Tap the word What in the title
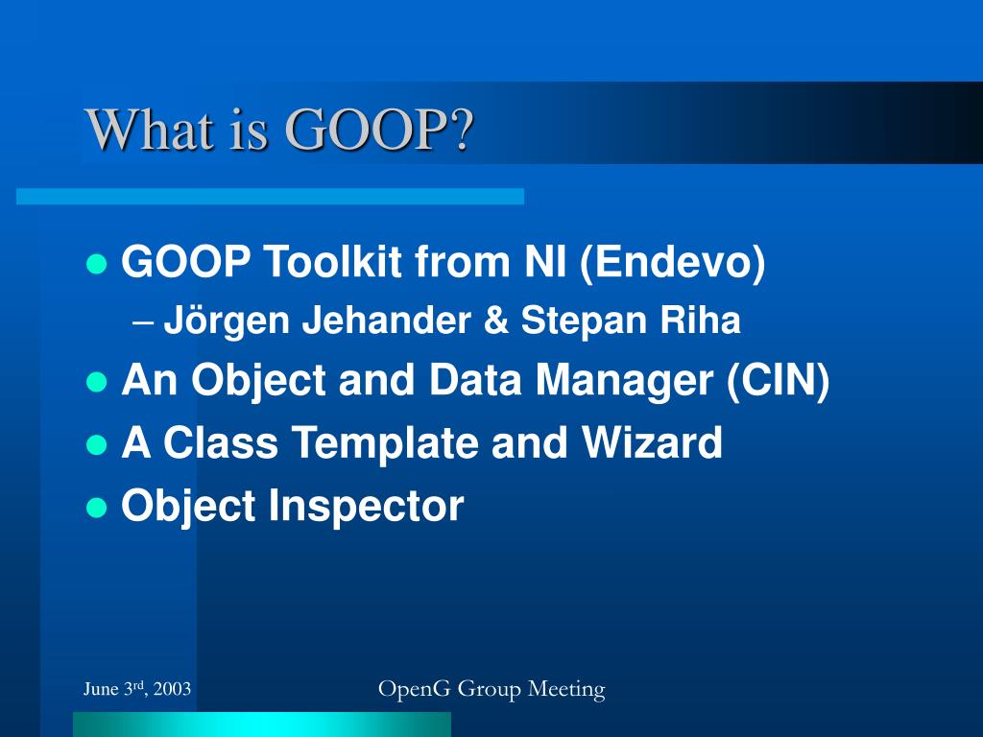pos(150,130)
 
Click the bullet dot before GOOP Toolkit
pos(97,264)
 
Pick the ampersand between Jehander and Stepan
pos(496,320)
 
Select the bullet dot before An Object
pos(97,382)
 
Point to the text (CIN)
pos(778,381)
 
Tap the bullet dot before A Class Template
pos(97,444)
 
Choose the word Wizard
pos(652,442)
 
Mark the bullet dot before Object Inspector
pos(97,507)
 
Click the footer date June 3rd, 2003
pos(137,689)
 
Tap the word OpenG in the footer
pos(415,689)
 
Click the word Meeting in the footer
pos(566,690)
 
